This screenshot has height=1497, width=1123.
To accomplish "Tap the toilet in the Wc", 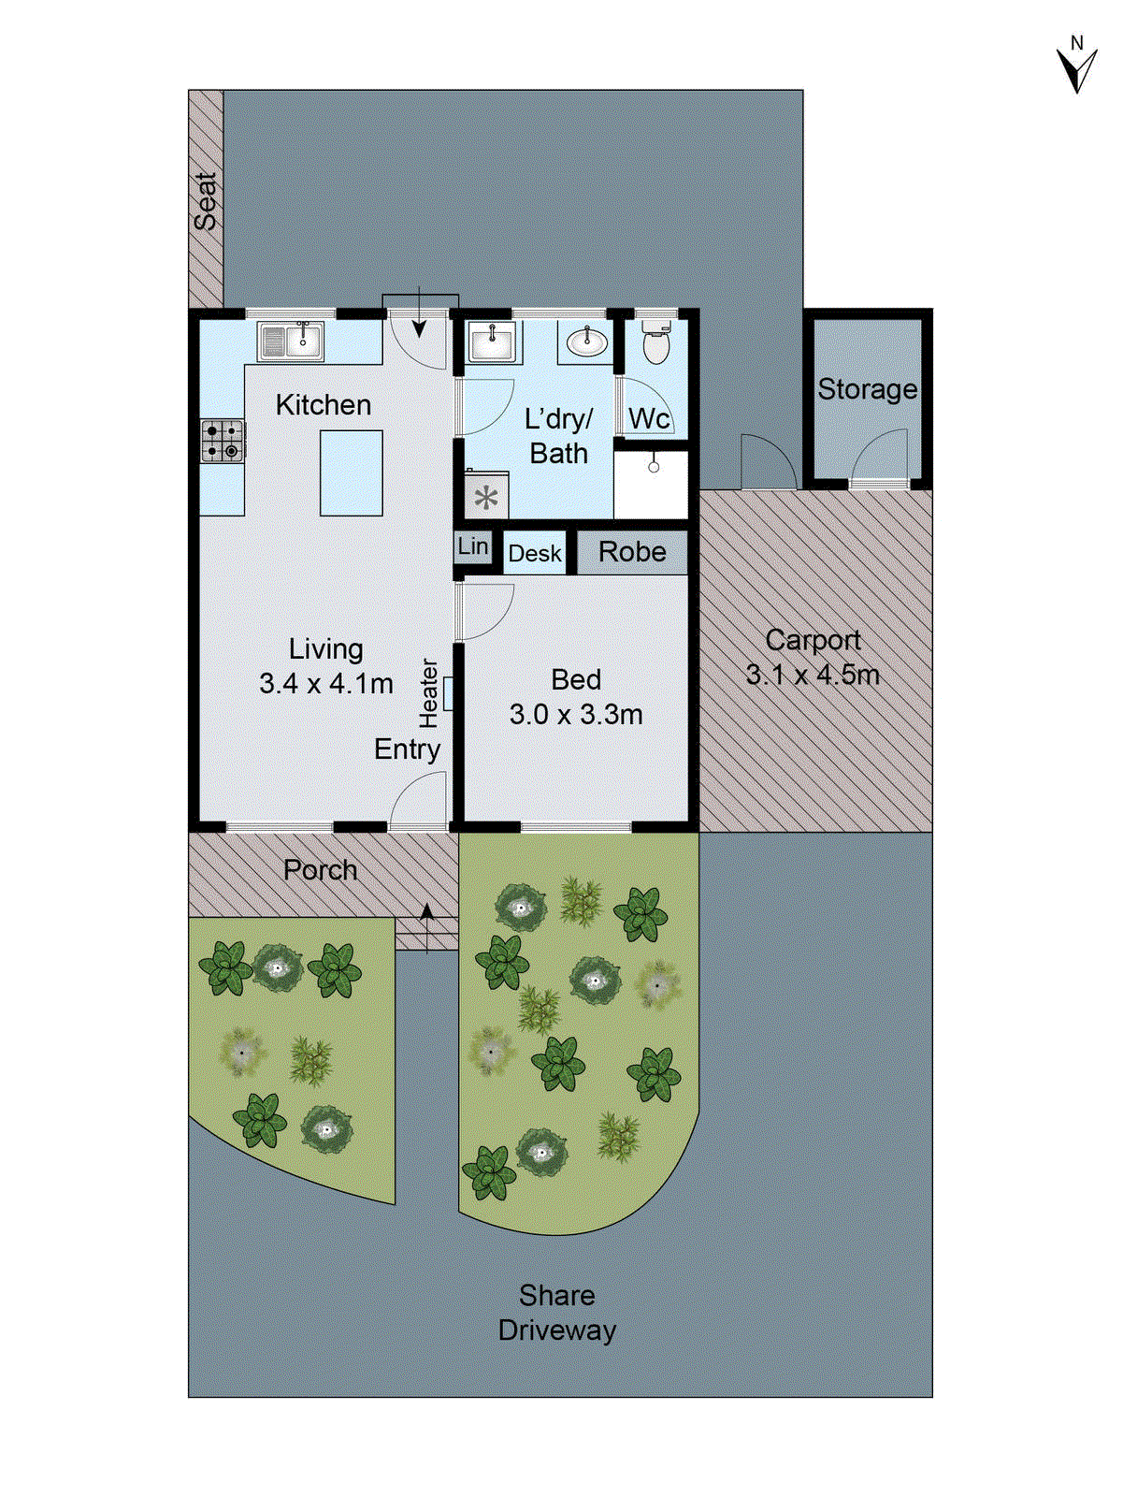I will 656,343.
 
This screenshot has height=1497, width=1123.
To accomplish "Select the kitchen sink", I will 291,342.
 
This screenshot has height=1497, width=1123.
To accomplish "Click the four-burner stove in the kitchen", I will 223,441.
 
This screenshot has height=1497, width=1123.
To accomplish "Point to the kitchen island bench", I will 352,472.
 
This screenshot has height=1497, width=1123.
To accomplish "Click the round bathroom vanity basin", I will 587,342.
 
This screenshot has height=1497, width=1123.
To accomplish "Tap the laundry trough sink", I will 490,342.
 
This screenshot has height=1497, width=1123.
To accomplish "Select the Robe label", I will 632,552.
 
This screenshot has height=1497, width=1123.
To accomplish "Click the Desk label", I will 535,554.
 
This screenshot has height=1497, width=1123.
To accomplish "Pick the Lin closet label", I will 473,545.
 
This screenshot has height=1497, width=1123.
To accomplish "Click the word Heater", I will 428,693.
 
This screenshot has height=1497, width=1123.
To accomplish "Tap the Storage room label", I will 867,389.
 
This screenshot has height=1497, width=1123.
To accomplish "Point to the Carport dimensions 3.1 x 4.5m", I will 813,675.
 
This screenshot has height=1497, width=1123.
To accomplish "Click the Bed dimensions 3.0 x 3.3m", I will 576,715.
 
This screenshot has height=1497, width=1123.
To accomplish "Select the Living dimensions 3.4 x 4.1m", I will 325,684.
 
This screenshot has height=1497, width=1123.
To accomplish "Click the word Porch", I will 321,870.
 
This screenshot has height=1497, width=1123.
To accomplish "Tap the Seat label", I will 206,201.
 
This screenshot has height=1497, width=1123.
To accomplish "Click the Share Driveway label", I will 557,1313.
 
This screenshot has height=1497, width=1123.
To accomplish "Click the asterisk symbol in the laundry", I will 486,497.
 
